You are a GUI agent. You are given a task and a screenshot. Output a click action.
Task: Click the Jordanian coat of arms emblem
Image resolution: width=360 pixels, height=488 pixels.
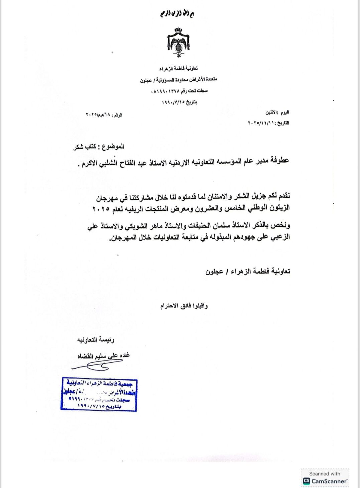pos(178,42)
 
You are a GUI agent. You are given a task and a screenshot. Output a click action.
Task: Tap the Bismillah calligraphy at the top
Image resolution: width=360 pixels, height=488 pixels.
pos(177,14)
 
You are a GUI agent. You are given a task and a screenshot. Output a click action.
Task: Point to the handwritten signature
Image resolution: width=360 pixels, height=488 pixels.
pos(92,366)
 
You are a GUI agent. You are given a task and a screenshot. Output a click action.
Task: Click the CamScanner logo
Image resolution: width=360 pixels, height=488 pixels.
pos(306,481)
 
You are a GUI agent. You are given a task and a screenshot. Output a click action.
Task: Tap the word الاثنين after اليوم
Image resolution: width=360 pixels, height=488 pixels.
pos(272,112)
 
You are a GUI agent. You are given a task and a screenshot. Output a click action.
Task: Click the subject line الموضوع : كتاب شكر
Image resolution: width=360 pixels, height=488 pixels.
pos(99,147)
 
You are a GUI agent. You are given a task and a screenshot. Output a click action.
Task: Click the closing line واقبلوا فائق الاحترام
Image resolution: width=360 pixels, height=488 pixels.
pos(184,306)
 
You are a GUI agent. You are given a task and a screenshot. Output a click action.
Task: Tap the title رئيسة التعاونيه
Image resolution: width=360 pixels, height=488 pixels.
pos(96,340)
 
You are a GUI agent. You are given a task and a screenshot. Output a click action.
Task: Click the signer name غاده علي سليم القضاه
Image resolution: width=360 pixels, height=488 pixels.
pos(104,356)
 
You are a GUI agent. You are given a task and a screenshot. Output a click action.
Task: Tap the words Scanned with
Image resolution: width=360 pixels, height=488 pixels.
pos(324,474)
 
